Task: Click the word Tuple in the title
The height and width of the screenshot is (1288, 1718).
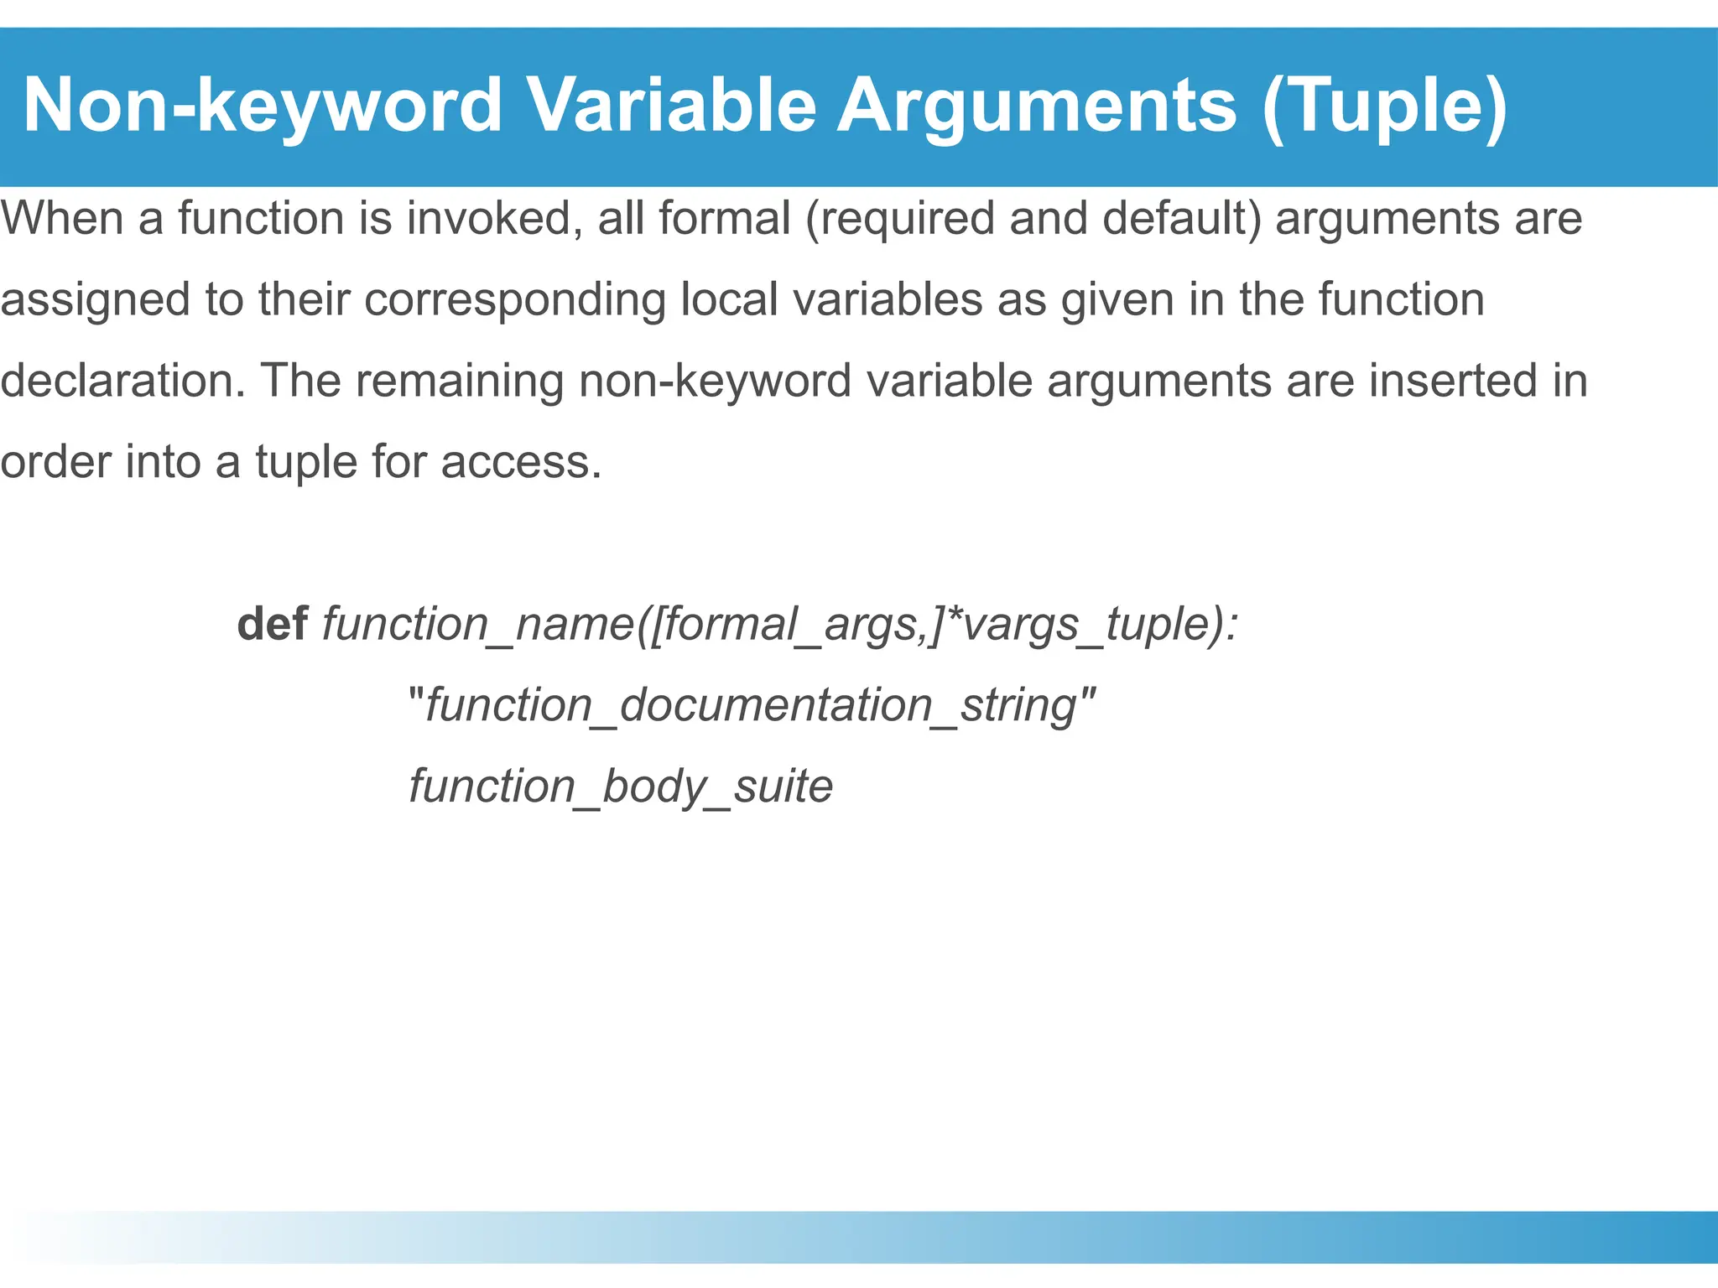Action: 1384,106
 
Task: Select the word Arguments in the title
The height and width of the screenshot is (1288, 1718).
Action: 1037,106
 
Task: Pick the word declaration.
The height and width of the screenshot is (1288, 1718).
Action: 122,381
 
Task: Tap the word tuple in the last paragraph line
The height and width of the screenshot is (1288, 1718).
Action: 305,463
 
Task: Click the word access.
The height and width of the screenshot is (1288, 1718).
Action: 521,463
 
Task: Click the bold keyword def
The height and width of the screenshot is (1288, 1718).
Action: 272,624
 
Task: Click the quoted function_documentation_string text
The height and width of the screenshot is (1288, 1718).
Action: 752,705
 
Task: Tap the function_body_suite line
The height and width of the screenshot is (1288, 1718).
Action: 621,787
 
